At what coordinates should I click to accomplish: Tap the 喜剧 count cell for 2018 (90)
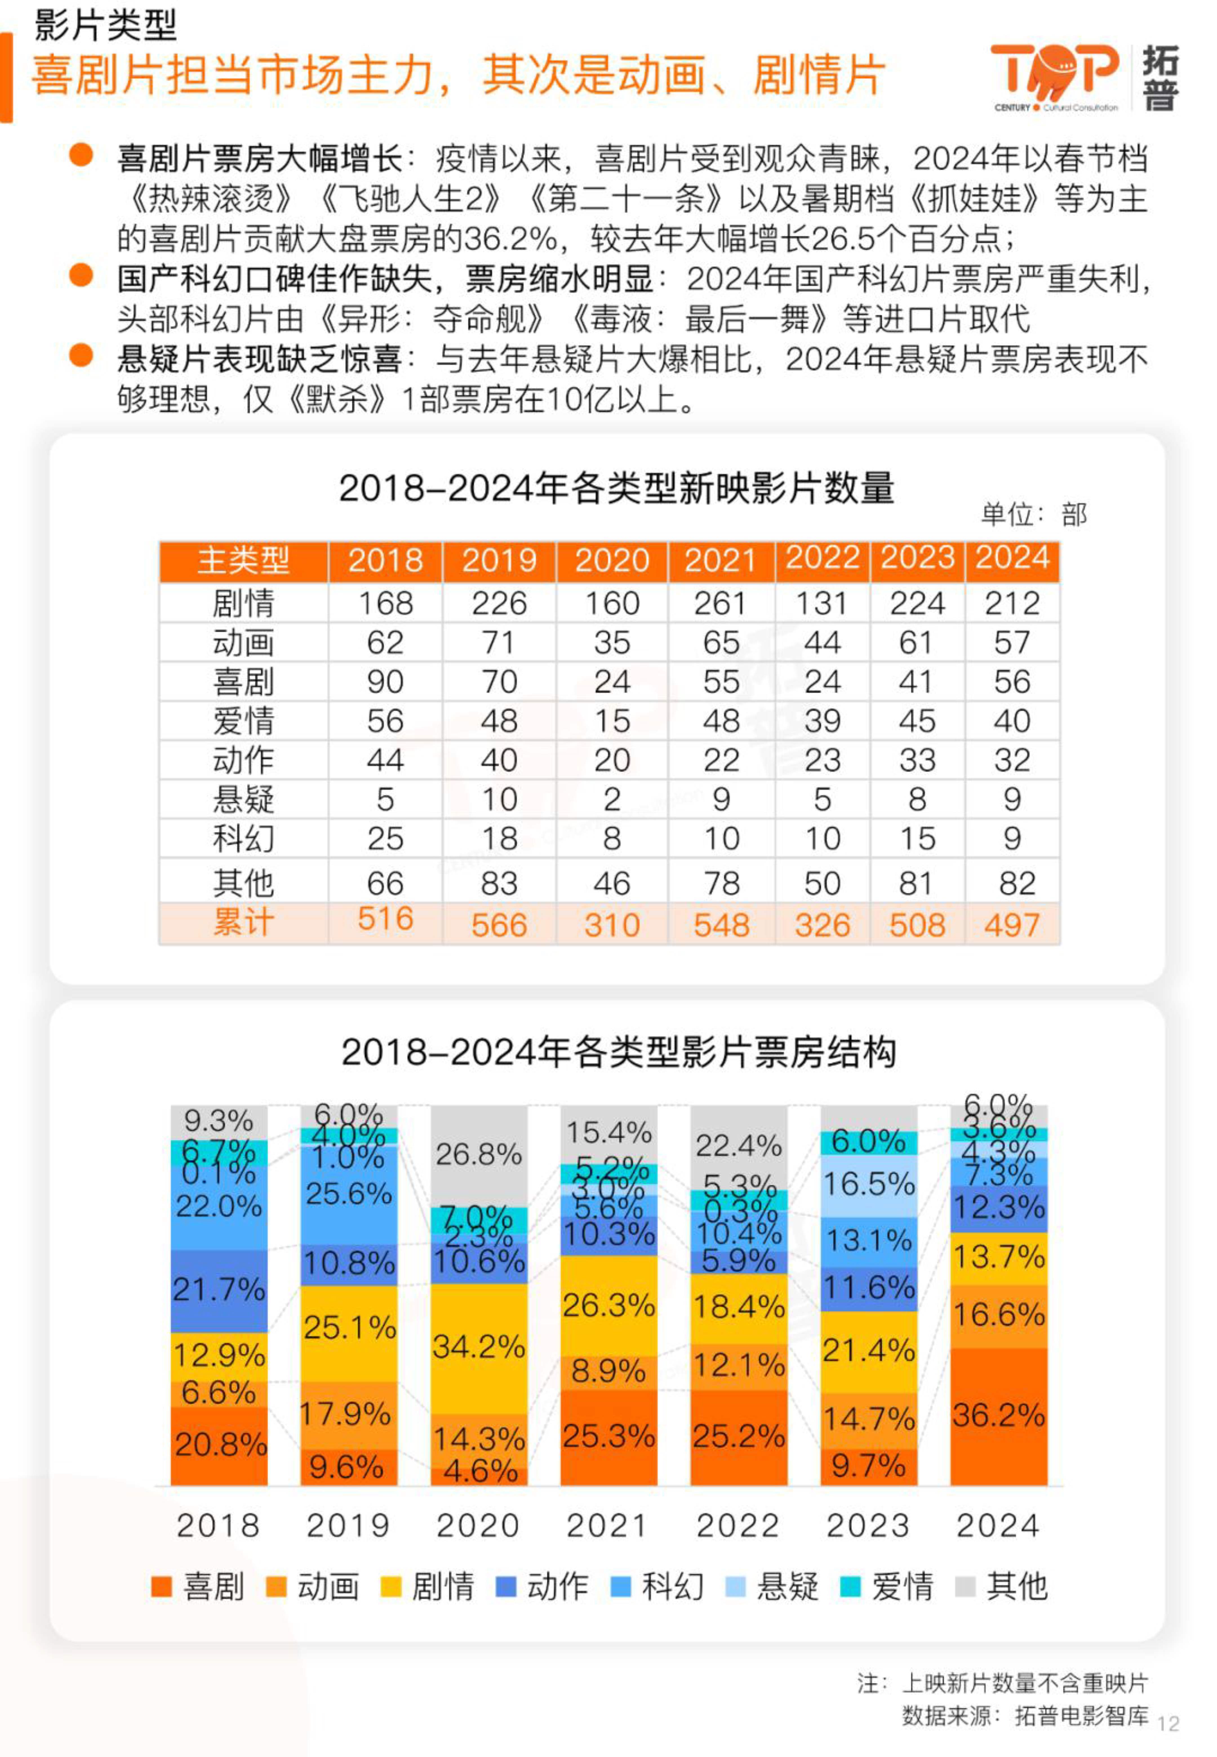pos(385,681)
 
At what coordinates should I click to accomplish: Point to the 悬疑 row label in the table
pos(243,799)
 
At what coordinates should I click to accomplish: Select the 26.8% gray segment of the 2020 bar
pos(479,1154)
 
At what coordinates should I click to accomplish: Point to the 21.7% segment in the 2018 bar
pos(219,1289)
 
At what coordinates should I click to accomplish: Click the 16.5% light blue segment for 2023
pos(869,1184)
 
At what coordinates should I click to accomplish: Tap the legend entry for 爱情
pos(888,1586)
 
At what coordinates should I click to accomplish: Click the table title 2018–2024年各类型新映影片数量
pos(616,488)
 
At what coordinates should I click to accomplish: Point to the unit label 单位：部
pos(1033,515)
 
